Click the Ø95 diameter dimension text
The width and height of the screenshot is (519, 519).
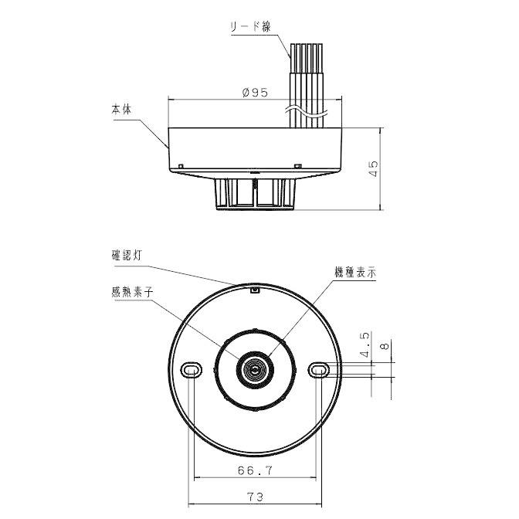coord(255,93)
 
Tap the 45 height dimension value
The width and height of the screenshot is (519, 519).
coord(373,169)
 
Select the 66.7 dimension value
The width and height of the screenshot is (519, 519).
coord(255,470)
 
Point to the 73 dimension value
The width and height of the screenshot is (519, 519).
coord(255,497)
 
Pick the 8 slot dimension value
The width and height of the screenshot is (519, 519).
coord(385,346)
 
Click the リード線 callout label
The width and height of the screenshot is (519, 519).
coord(250,26)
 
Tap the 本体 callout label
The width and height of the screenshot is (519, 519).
coord(121,109)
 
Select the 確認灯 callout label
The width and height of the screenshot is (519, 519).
coord(127,255)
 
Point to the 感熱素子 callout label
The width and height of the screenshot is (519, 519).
coord(132,292)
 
